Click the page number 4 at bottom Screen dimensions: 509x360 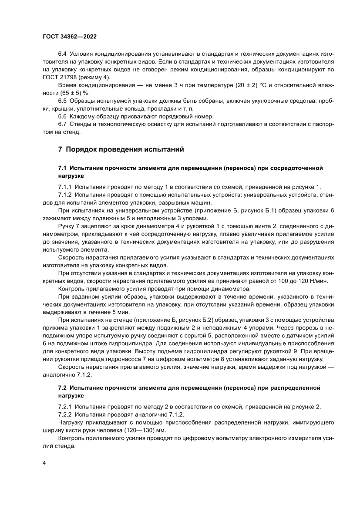click(x=44, y=463)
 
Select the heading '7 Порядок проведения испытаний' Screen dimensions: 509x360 click(x=121, y=149)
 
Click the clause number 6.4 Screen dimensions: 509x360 click(x=62, y=54)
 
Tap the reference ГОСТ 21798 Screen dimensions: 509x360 click(x=61, y=77)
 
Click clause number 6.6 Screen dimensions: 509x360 click(x=62, y=117)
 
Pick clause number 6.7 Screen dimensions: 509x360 click(x=62, y=125)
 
